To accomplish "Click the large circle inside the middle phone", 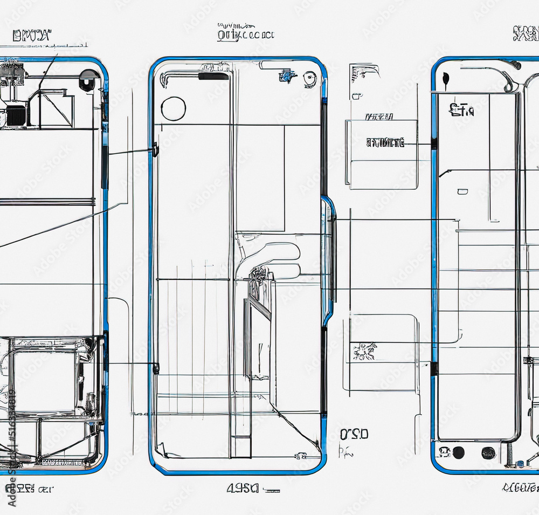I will click(174, 108).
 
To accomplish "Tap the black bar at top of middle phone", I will click(213, 77).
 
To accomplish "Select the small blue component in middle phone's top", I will click(285, 77).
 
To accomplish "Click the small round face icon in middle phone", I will click(309, 80).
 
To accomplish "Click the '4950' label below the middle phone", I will click(243, 489).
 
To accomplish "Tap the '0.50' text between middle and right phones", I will click(355, 434).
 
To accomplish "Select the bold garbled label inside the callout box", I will click(385, 143).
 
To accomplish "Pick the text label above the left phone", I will click(32, 36).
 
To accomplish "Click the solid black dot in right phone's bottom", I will click(459, 452).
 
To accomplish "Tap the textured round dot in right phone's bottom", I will click(488, 452).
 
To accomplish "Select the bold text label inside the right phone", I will click(461, 111).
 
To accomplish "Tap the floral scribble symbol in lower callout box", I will click(365, 352).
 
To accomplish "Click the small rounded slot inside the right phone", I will click(462, 191).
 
